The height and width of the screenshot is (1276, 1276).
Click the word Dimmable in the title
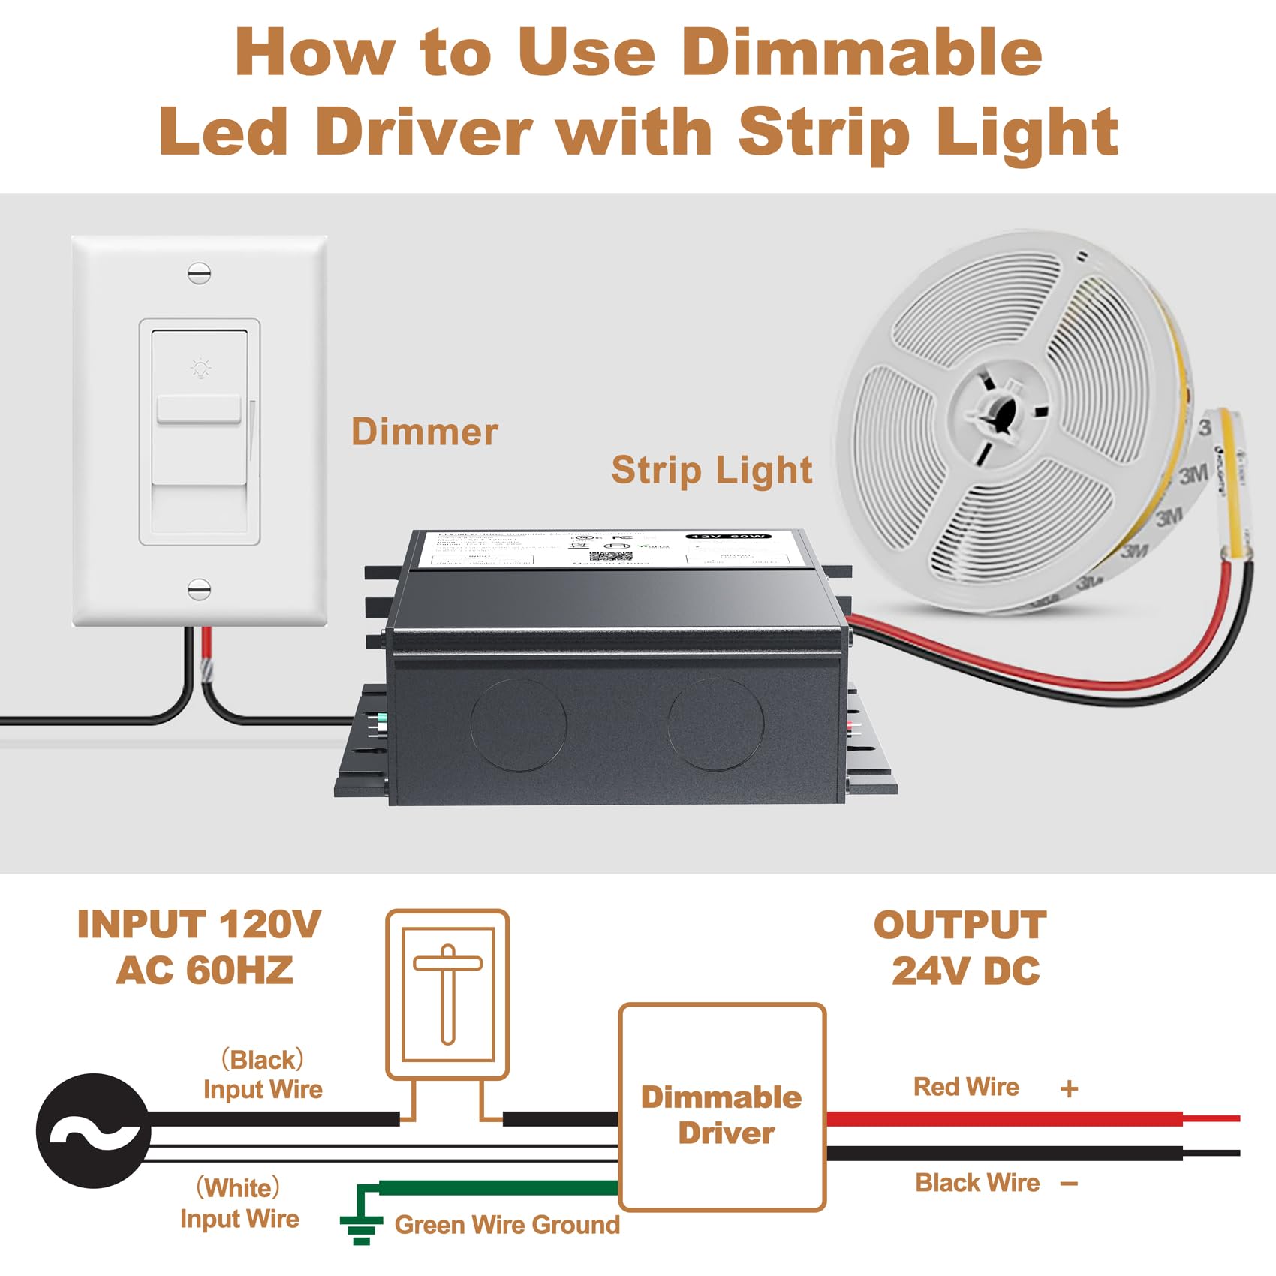pyautogui.click(x=862, y=53)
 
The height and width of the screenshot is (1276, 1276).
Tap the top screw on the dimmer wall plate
pyautogui.click(x=199, y=273)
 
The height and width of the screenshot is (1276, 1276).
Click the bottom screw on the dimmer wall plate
pyautogui.click(x=199, y=589)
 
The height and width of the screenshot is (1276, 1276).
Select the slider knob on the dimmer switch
pyautogui.click(x=199, y=411)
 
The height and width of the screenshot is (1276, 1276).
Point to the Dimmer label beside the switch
pyautogui.click(x=424, y=432)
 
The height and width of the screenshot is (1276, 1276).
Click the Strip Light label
pyautogui.click(x=712, y=471)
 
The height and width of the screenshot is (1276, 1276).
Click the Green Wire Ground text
pyautogui.click(x=507, y=1225)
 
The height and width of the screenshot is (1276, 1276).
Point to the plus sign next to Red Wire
pyautogui.click(x=1070, y=1088)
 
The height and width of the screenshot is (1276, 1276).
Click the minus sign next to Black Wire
pyautogui.click(x=1070, y=1184)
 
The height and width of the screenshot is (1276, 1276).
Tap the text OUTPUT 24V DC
pyautogui.click(x=962, y=947)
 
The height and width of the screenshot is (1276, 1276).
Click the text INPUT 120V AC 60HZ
pyautogui.click(x=200, y=947)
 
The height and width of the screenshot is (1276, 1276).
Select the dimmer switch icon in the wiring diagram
pyautogui.click(x=448, y=994)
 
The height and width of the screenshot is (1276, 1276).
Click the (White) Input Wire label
pyautogui.click(x=239, y=1203)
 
